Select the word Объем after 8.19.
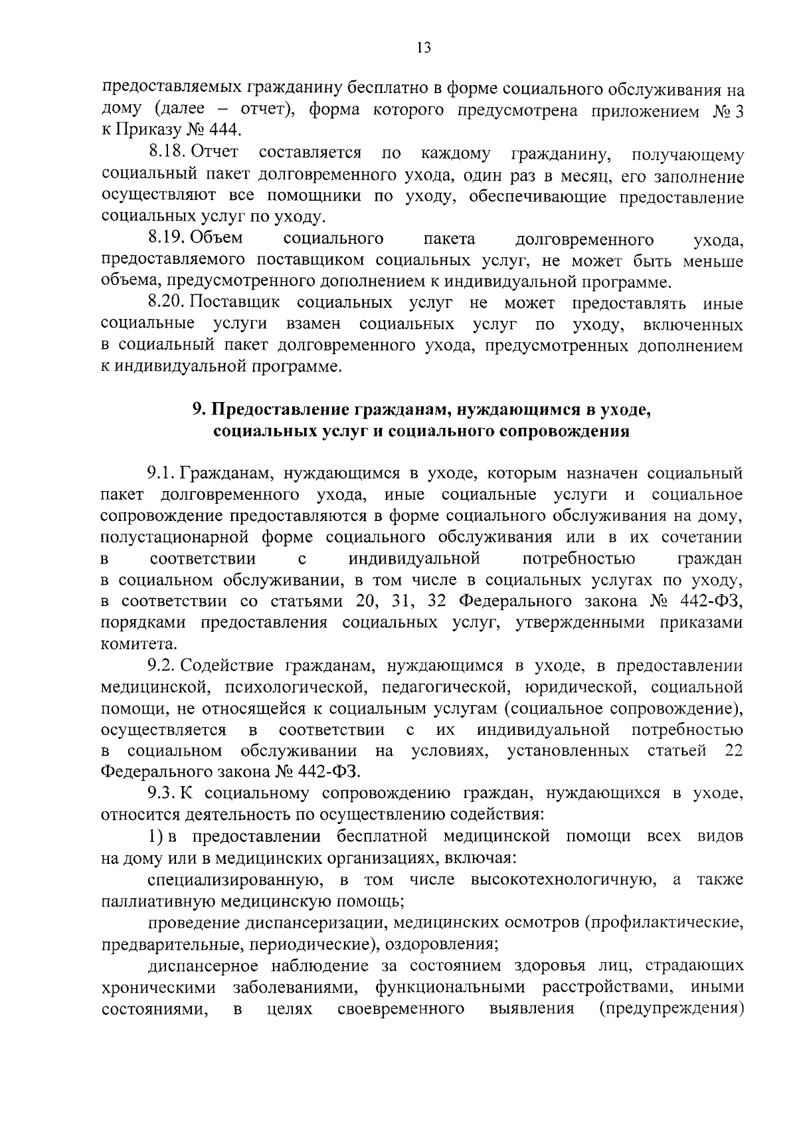click(x=219, y=238)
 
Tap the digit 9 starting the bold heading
click(x=197, y=410)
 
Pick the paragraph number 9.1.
click(x=161, y=474)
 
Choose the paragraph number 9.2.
click(x=161, y=666)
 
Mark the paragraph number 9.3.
click(x=161, y=793)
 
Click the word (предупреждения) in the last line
click(x=669, y=1008)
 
